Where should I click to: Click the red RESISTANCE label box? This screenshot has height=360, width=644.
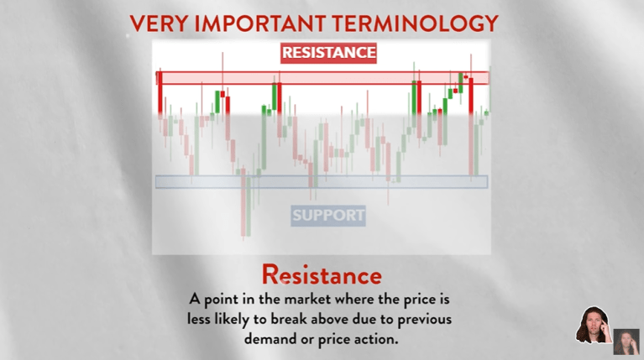pos(328,53)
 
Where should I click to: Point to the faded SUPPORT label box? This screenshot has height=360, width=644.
pos(328,216)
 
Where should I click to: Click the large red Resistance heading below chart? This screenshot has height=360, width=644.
pos(322,274)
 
